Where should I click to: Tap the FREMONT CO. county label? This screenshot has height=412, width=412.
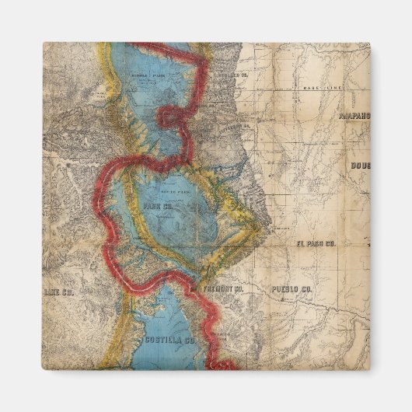pos(219,289)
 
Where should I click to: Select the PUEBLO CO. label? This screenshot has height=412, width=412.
pos(291,289)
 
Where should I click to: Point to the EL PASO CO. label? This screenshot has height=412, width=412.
pos(316,244)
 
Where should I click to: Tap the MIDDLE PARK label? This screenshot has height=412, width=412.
pos(148,77)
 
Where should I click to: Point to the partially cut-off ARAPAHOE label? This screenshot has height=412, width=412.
pos(354,116)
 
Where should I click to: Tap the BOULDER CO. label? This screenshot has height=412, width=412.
pos(222,75)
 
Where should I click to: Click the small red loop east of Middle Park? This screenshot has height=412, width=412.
pos(172,117)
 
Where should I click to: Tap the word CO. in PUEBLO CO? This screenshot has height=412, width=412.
pos(305,289)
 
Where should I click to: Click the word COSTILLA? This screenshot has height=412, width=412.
pos(162,340)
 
